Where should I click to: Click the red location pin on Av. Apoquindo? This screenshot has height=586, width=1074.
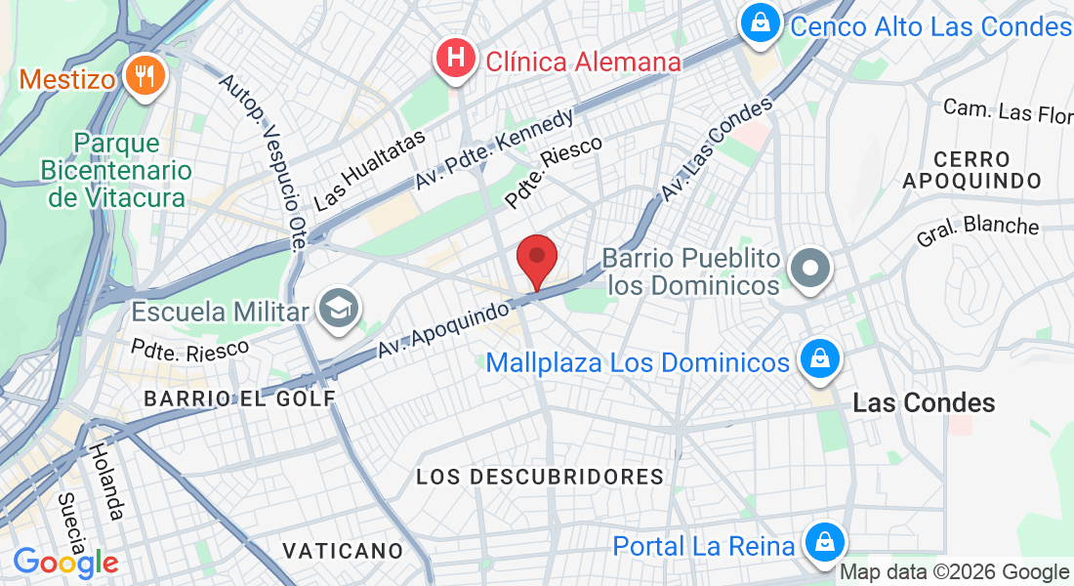coord(536,259)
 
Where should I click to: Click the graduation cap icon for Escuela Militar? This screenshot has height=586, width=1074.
coord(340,310)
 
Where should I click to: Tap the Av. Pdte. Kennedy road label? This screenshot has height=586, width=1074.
coord(494,148)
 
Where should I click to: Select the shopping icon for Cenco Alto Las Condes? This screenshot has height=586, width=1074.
coord(759,22)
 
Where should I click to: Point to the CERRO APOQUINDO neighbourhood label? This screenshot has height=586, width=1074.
coord(971,170)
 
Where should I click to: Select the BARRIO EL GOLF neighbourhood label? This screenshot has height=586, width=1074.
coord(239,398)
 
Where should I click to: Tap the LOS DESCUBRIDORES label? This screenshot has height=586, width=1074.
coord(540,477)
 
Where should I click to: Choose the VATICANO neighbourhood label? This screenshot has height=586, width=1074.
coord(343,551)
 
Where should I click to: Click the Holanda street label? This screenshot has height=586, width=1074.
coord(105,481)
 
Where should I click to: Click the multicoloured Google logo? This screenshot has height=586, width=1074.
coord(65,563)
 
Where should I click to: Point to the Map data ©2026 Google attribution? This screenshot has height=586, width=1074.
coord(955,572)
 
